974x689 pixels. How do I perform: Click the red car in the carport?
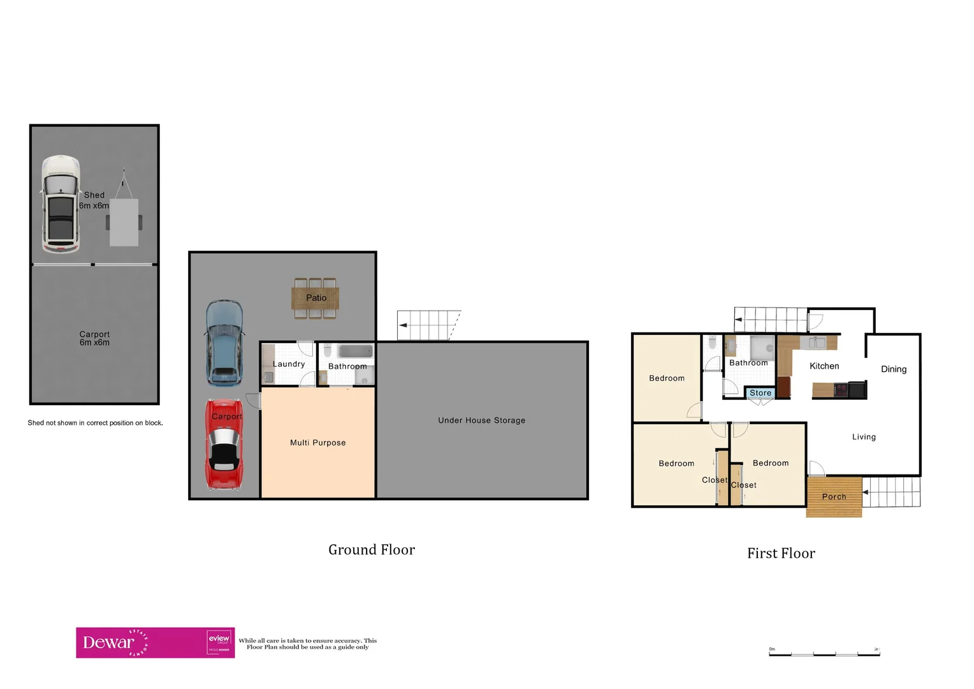pyautogui.click(x=224, y=445)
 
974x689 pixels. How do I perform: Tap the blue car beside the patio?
pyautogui.click(x=224, y=343)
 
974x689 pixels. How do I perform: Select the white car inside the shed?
pyautogui.click(x=61, y=204)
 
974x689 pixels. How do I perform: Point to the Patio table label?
pyautogui.click(x=316, y=298)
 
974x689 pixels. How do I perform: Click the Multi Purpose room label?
pyautogui.click(x=317, y=443)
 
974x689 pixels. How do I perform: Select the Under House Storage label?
pyautogui.click(x=481, y=420)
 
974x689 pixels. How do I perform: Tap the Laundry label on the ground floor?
pyautogui.click(x=289, y=364)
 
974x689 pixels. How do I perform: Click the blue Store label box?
pyautogui.click(x=760, y=393)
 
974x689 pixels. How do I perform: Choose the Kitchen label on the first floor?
pyautogui.click(x=824, y=366)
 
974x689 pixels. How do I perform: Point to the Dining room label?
pyautogui.click(x=893, y=369)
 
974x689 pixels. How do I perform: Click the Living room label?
pyautogui.click(x=864, y=437)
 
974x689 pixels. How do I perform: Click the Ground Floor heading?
pyautogui.click(x=372, y=550)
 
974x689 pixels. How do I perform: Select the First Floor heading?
pyautogui.click(x=781, y=554)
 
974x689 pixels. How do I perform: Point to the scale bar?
pyautogui.click(x=824, y=653)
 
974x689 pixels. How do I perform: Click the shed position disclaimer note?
pyautogui.click(x=95, y=423)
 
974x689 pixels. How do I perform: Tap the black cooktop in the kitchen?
pyautogui.click(x=841, y=389)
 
